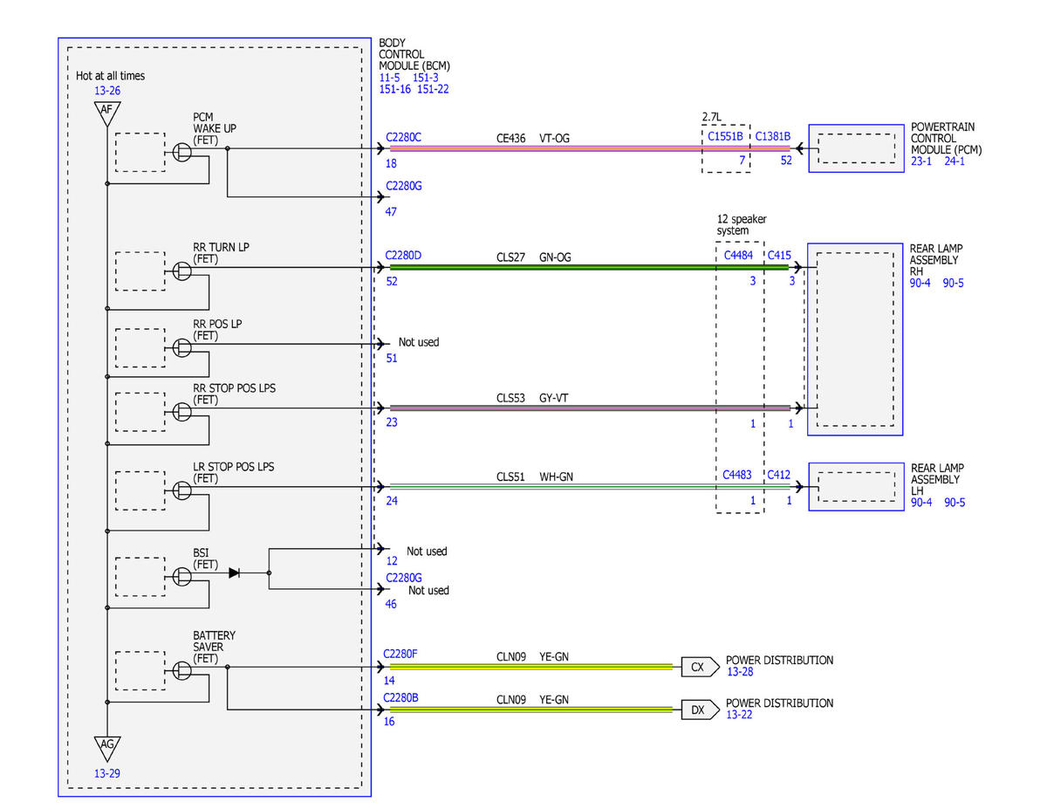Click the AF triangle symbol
107,113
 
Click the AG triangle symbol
107,748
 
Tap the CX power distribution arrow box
699,667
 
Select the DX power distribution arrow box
699,710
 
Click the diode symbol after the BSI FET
235,572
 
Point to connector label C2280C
403,137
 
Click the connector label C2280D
403,256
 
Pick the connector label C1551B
725,136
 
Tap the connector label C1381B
773,136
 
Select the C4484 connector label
738,255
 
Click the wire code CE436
510,138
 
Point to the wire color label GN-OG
555,257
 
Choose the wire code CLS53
510,398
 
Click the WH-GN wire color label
556,476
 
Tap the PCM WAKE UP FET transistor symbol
181,152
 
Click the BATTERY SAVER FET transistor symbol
181,671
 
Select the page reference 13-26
107,91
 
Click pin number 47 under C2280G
391,211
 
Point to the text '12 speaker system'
741,224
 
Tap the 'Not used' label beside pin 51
419,342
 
